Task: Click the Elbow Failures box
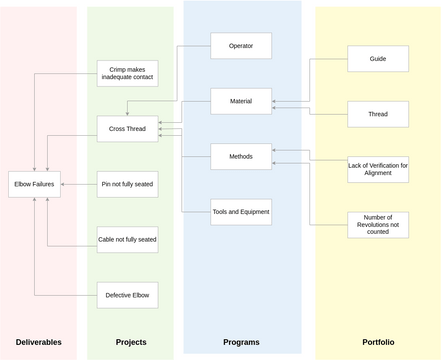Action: pos(35,184)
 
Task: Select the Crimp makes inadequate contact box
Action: pos(128,73)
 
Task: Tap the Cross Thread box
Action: pos(128,129)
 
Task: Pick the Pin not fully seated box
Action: pos(128,184)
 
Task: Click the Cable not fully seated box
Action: pos(128,239)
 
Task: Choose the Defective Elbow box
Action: pos(128,294)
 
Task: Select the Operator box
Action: pos(241,46)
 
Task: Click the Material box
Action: pos(241,101)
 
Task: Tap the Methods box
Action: pos(241,156)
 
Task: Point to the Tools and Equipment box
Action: pos(241,211)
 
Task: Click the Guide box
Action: pos(378,59)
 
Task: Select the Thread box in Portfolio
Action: pos(378,114)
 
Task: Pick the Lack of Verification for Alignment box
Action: pos(378,169)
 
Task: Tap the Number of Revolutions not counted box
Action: pos(378,224)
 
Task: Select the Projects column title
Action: pos(130,342)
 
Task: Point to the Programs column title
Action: pos(241,342)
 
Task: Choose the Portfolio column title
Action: pos(378,342)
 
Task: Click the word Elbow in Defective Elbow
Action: pos(140,294)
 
